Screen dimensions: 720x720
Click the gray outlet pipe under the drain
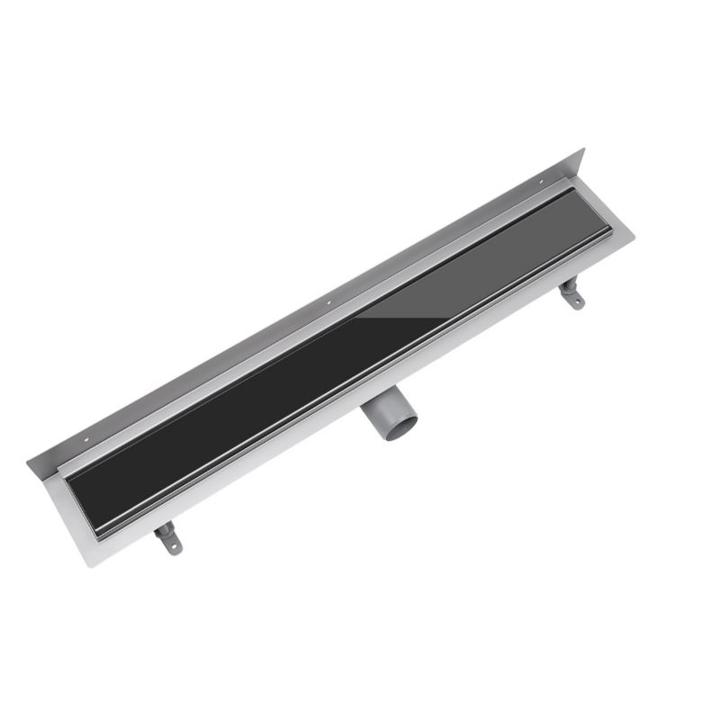(x=382, y=418)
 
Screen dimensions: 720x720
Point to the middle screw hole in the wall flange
(x=329, y=300)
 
